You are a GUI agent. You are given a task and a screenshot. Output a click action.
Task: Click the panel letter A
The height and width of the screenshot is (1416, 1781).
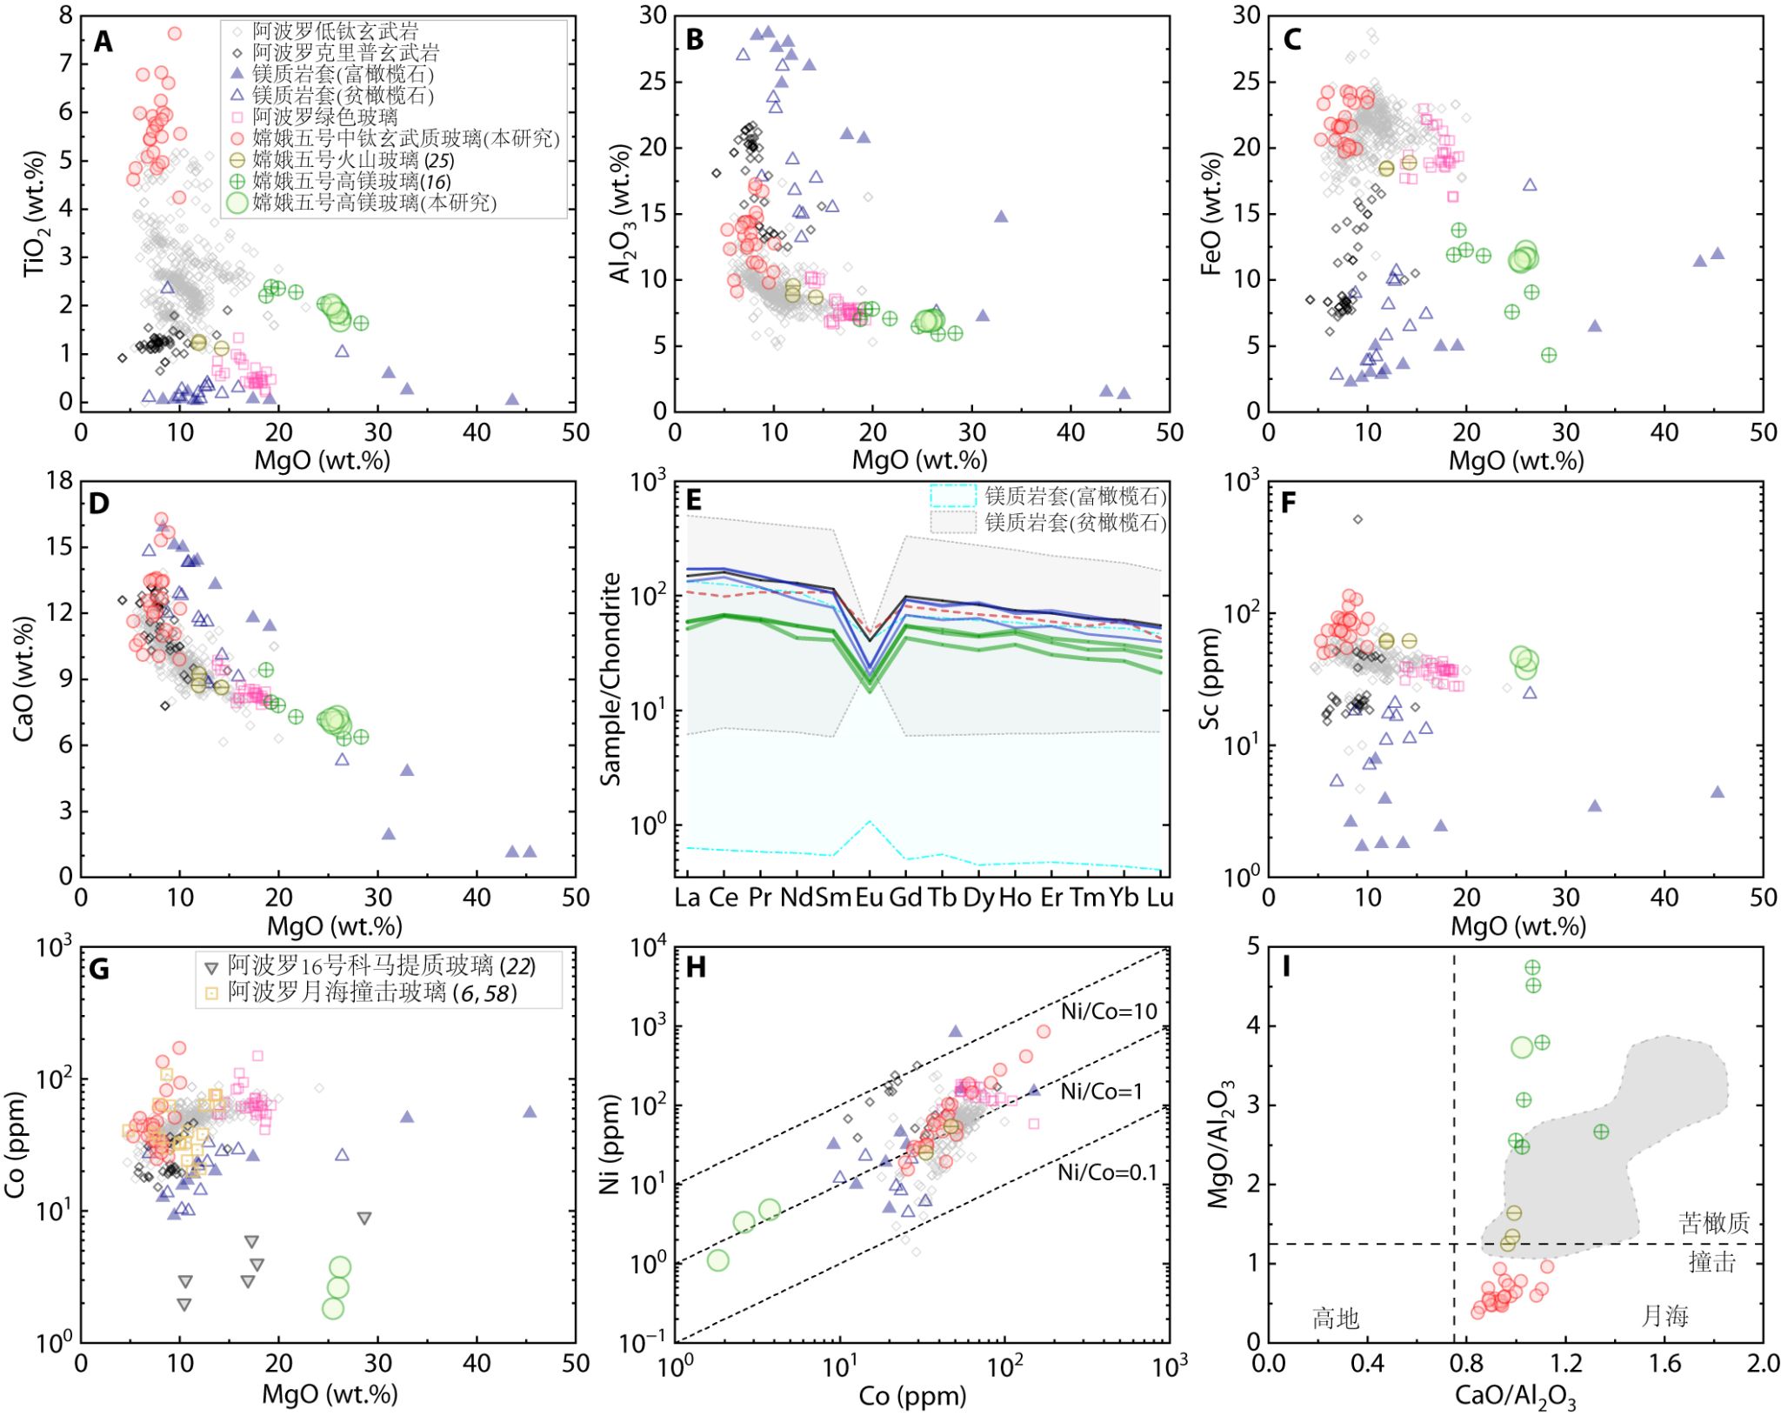103,42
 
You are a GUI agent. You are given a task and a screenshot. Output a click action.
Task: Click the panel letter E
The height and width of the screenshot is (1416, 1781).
694,500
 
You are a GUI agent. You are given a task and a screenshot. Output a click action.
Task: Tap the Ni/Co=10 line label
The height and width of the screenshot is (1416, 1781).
1109,1011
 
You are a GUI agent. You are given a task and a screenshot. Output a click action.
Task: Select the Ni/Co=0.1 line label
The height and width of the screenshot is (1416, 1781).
1108,1172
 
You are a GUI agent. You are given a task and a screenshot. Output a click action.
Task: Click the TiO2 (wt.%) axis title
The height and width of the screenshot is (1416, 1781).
35,214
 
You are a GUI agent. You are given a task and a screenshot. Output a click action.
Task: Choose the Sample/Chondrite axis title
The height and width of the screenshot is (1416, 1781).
611,678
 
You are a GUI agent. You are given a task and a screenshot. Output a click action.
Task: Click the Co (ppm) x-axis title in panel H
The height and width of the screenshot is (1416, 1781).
912,1395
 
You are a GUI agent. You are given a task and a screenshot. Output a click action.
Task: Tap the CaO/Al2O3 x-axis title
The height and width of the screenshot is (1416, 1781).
1515,1397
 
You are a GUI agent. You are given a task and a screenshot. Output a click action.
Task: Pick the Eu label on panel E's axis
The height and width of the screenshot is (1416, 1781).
869,898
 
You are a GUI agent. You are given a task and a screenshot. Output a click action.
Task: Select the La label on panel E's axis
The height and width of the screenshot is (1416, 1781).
687,898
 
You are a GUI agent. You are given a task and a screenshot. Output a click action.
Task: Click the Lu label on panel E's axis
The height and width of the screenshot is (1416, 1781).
1160,898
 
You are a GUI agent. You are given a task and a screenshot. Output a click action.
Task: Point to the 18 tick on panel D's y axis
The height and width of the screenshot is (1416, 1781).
60,481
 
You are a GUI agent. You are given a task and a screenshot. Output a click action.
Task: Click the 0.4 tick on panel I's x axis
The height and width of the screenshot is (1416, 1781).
1367,1363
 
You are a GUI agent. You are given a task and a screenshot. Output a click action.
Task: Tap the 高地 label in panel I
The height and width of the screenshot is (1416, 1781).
1336,1319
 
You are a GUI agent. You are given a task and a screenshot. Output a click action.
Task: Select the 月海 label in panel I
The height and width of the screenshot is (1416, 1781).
1664,1316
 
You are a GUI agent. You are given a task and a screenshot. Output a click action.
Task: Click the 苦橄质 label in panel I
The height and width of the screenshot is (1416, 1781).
1713,1223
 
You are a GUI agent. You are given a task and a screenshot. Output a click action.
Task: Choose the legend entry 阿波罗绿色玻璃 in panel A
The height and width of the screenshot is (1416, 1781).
325,117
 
